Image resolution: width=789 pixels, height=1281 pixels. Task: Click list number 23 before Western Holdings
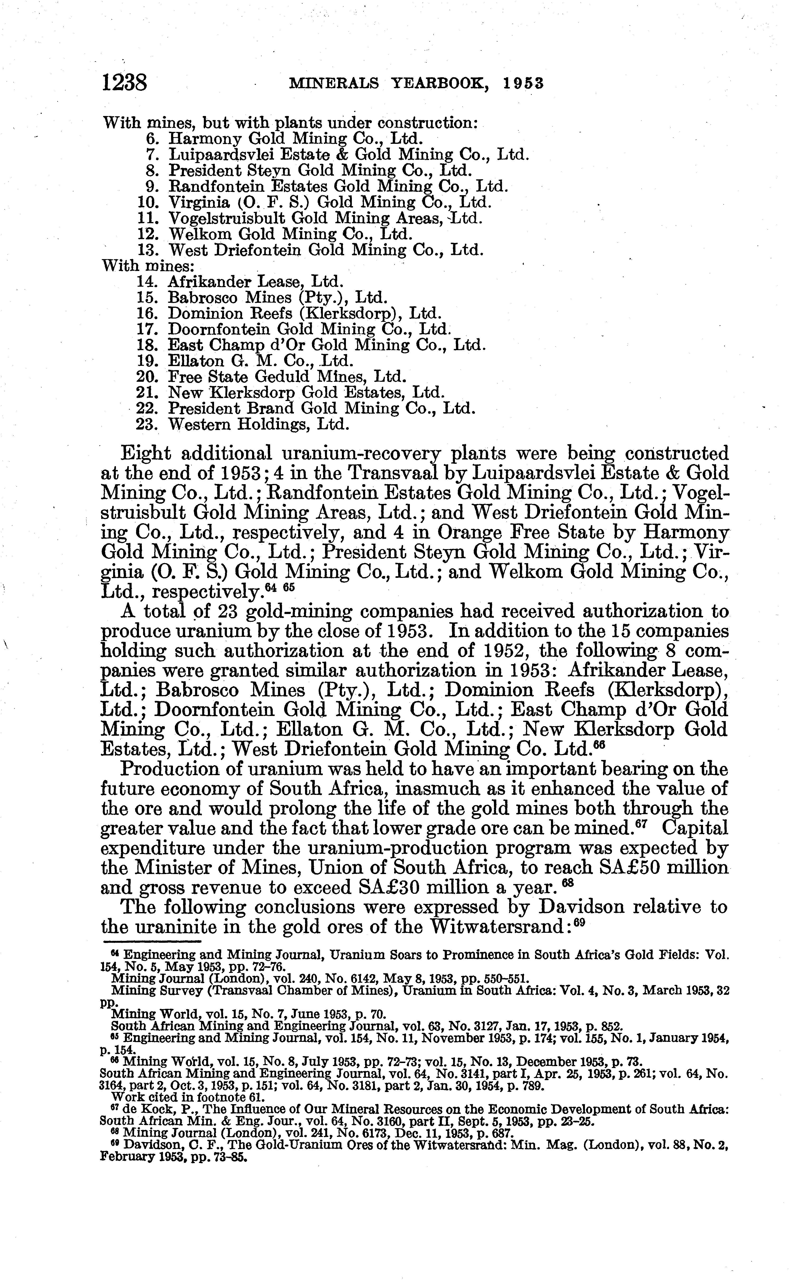147,424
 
